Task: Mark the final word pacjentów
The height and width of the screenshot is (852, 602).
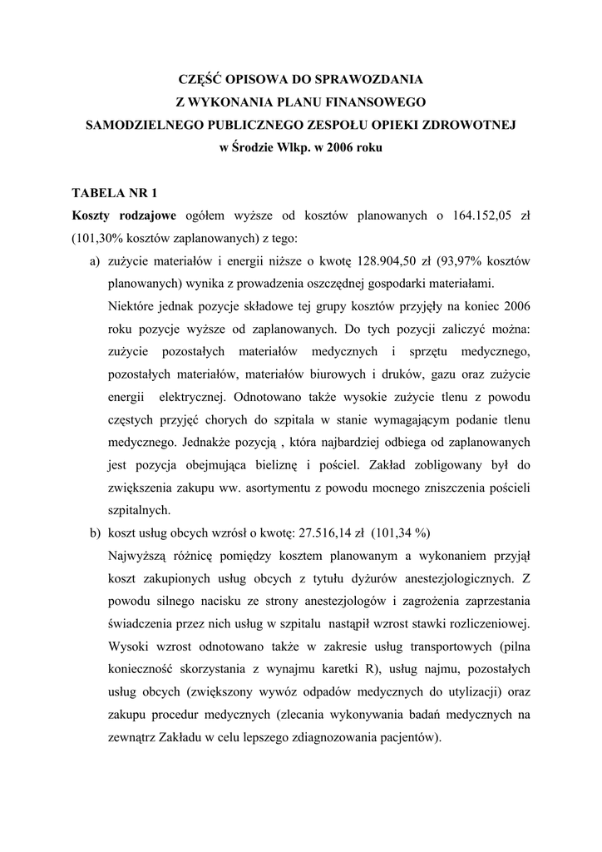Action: [411, 736]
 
